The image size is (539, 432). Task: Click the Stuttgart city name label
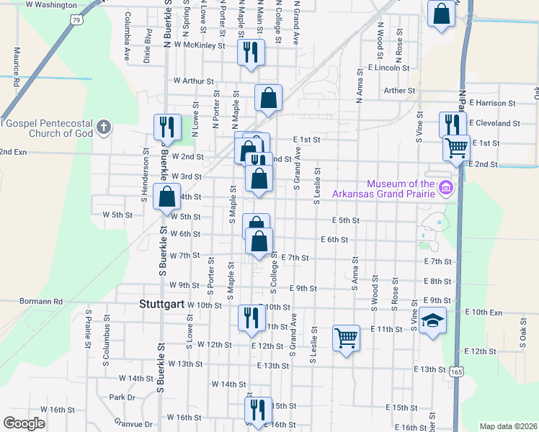point(160,305)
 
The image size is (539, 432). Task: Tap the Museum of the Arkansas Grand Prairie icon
point(445,188)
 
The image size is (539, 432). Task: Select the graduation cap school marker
point(432,320)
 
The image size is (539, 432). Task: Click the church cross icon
point(104,128)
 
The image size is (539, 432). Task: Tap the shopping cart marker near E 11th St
point(346,337)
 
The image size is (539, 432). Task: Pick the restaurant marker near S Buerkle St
point(166,127)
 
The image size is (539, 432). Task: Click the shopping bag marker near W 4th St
point(166,197)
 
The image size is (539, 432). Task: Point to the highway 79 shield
point(76,20)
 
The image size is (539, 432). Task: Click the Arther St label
point(400,91)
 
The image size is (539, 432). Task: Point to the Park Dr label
point(122,397)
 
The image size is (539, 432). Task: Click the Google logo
point(24,423)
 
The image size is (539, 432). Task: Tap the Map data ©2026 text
point(507,426)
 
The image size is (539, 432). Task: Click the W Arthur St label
point(189,81)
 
